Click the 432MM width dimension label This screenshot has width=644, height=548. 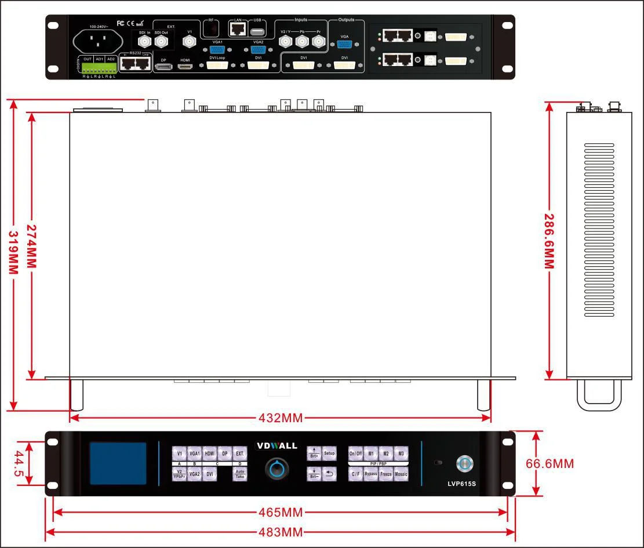coord(281,418)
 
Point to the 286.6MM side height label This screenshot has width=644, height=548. coord(548,240)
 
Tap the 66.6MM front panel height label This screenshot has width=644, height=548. coord(550,463)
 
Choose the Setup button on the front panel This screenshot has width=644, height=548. coord(329,453)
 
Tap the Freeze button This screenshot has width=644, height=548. coord(386,474)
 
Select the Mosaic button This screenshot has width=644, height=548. coord(401,474)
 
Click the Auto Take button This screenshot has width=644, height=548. coord(240,474)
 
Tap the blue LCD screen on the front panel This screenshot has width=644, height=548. coord(118,463)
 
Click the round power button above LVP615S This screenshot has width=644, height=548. coord(465,463)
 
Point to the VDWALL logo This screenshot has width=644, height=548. coord(276,446)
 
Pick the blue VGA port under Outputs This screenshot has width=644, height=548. coord(344,43)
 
